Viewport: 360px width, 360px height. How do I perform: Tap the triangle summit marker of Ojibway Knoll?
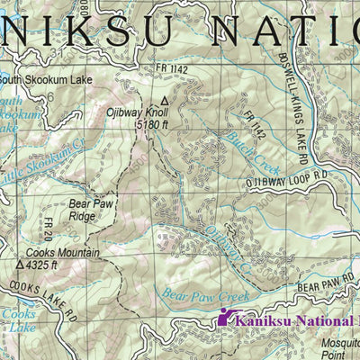(164, 101)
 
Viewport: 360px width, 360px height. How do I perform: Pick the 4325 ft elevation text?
(42, 265)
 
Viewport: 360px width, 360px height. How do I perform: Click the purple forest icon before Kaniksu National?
(225, 317)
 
